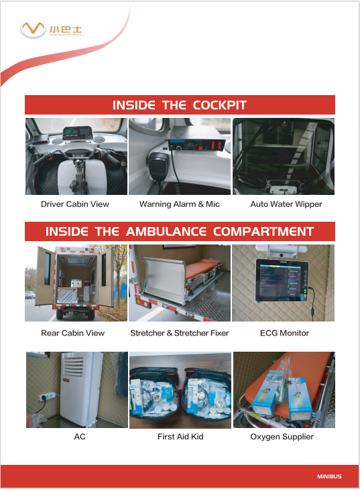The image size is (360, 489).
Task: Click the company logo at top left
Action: pos(61,29)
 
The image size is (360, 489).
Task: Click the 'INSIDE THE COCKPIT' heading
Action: pos(180,105)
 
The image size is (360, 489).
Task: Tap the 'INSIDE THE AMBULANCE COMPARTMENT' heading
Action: pos(180,232)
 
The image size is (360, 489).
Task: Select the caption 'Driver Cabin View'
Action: pos(75,204)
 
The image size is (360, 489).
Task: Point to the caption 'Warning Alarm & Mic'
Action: pos(180,204)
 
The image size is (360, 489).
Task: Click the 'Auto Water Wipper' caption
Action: pos(286,204)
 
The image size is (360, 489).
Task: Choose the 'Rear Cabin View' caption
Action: pos(73,333)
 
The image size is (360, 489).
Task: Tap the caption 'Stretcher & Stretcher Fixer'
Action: pos(180,333)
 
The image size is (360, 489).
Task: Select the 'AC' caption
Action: pos(80,437)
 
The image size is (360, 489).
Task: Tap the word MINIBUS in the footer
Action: pos(329,476)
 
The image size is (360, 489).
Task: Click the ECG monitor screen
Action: pos(280,282)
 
